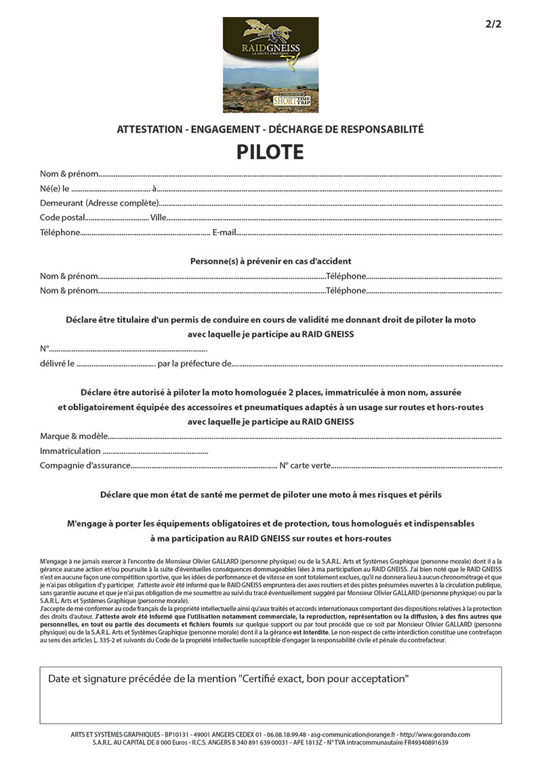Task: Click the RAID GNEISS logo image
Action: click(x=270, y=65)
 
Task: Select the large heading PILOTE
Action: click(x=270, y=152)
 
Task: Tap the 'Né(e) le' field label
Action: click(x=55, y=188)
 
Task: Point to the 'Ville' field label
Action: click(x=158, y=217)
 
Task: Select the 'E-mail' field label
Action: click(x=224, y=232)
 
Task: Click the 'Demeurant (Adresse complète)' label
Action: click(x=99, y=203)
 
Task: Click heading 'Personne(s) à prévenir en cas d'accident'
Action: click(x=270, y=261)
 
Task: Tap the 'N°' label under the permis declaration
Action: click(x=45, y=348)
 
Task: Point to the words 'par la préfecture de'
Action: click(x=194, y=363)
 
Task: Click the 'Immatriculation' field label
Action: click(x=70, y=451)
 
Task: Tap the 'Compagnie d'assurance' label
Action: click(x=84, y=465)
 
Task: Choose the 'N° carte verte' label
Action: click(x=306, y=465)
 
